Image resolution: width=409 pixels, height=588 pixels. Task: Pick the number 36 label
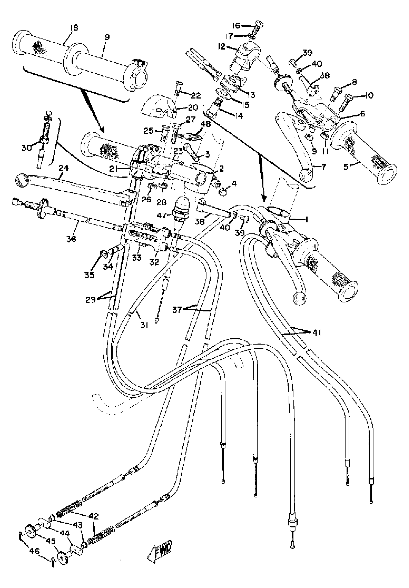click(x=71, y=239)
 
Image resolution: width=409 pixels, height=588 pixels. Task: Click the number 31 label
click(x=144, y=325)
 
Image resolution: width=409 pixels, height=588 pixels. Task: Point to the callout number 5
click(x=346, y=167)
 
